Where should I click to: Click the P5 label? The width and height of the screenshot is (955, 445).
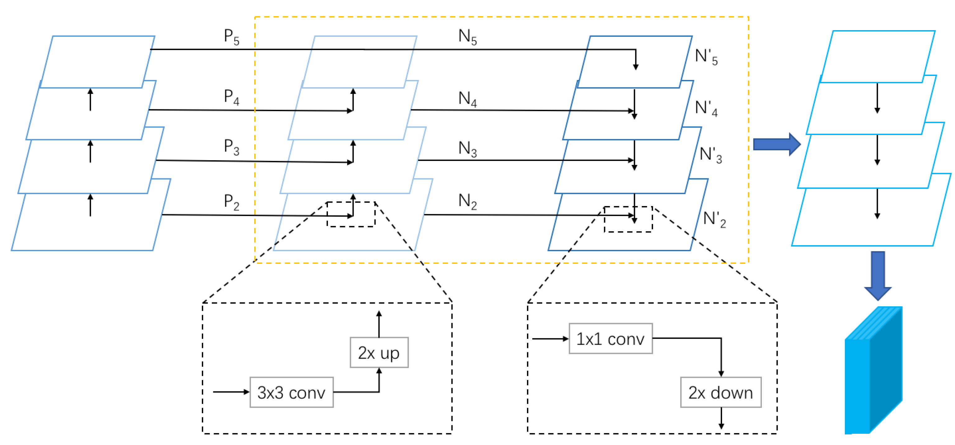click(231, 37)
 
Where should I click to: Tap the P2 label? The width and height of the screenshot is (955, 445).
click(231, 203)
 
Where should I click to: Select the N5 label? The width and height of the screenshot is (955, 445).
click(467, 37)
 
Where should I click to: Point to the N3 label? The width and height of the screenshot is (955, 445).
click(467, 149)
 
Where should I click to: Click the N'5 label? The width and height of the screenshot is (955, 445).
click(706, 57)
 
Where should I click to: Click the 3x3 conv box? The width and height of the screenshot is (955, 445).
click(291, 392)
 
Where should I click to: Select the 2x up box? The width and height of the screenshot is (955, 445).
click(379, 352)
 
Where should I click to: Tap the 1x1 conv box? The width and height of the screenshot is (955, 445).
click(610, 339)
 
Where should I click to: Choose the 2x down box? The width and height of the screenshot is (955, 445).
click(720, 392)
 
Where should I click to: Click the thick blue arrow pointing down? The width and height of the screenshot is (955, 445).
click(878, 275)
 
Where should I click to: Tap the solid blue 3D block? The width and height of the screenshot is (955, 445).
click(873, 371)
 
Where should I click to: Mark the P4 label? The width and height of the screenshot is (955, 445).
click(231, 97)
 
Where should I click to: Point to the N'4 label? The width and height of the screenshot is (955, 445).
click(706, 109)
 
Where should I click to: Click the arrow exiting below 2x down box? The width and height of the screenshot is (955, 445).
click(721, 418)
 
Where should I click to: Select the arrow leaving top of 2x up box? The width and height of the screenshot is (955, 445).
click(379, 324)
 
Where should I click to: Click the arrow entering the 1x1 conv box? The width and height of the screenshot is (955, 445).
click(549, 339)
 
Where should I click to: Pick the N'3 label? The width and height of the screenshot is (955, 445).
click(710, 155)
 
